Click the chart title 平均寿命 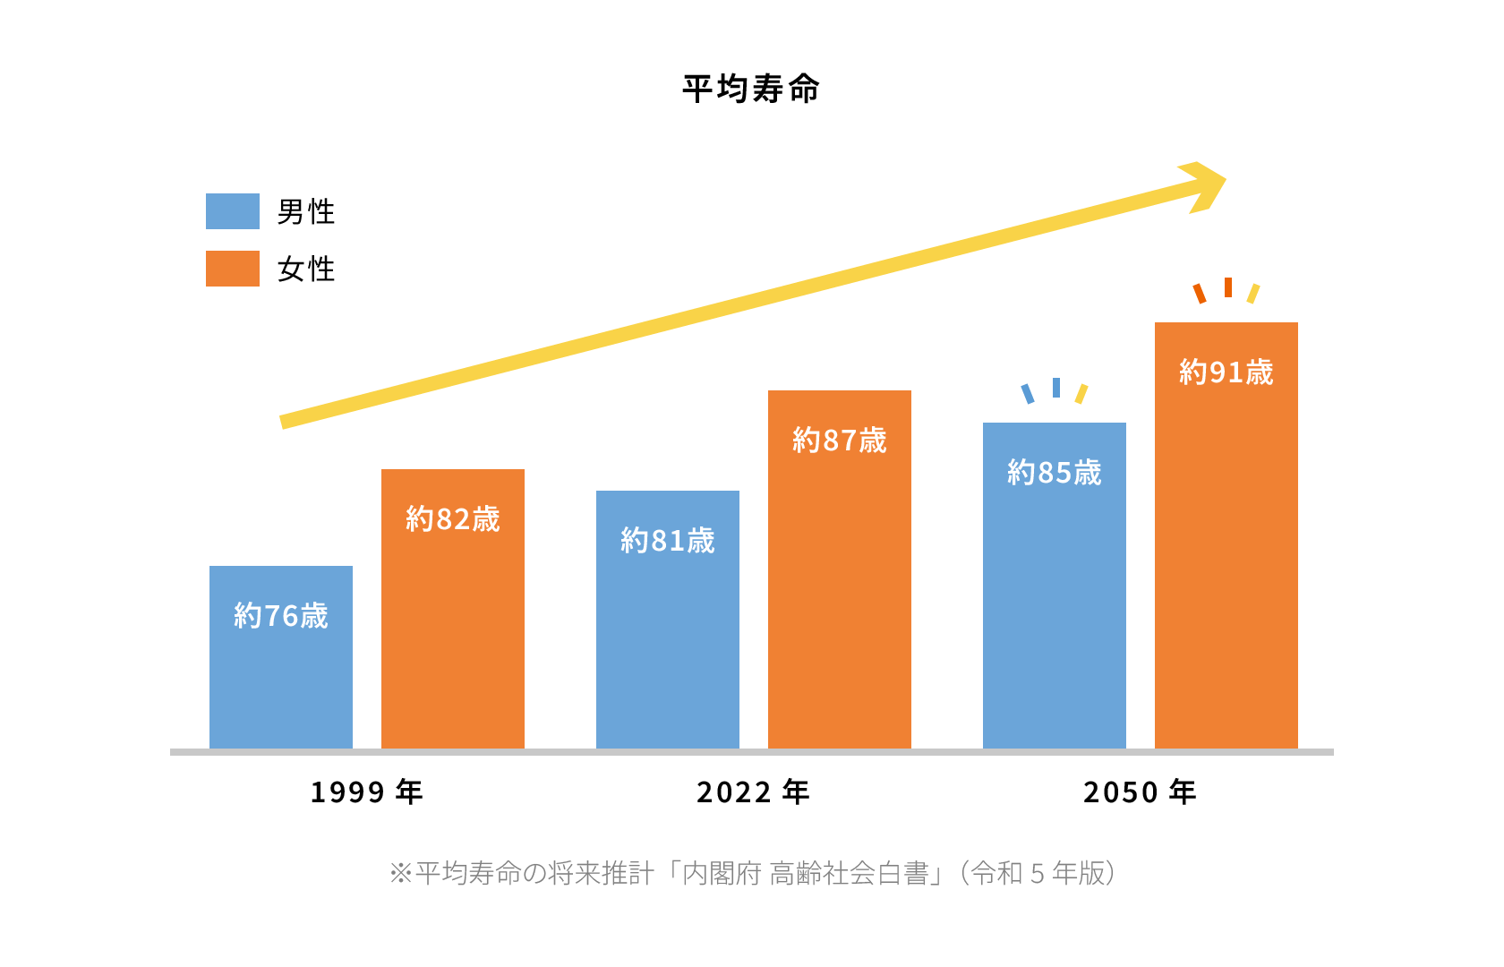pyautogui.click(x=751, y=90)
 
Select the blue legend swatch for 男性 pyautogui.click(x=233, y=211)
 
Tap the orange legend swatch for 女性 pyautogui.click(x=233, y=269)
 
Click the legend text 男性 pyautogui.click(x=306, y=212)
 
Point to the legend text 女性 pyautogui.click(x=306, y=270)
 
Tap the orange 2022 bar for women pyautogui.click(x=840, y=609)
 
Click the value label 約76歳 pyautogui.click(x=281, y=616)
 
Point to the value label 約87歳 pyautogui.click(x=840, y=441)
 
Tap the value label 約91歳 pyautogui.click(x=1226, y=372)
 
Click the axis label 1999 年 pyautogui.click(x=367, y=792)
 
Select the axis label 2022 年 pyautogui.click(x=754, y=792)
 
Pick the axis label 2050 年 pyautogui.click(x=1141, y=792)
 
